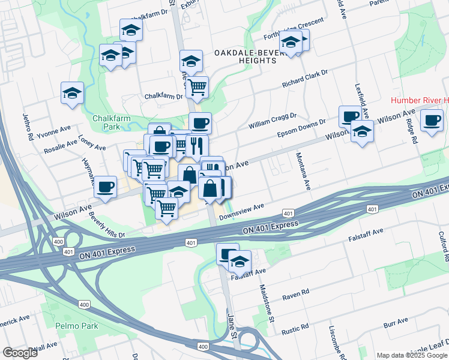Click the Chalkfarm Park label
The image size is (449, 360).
pos(111,122)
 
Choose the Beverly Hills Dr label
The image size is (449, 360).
pos(107,224)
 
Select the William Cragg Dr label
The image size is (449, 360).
pos(273,120)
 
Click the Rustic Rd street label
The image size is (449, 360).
pos(296,328)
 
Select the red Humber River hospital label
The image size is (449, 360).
pos(420,100)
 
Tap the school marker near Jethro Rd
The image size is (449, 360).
pos(73,93)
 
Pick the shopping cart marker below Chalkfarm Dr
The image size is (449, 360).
pos(197,87)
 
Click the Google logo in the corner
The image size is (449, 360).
pos(20,352)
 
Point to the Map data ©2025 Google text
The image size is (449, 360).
pos(411,355)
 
